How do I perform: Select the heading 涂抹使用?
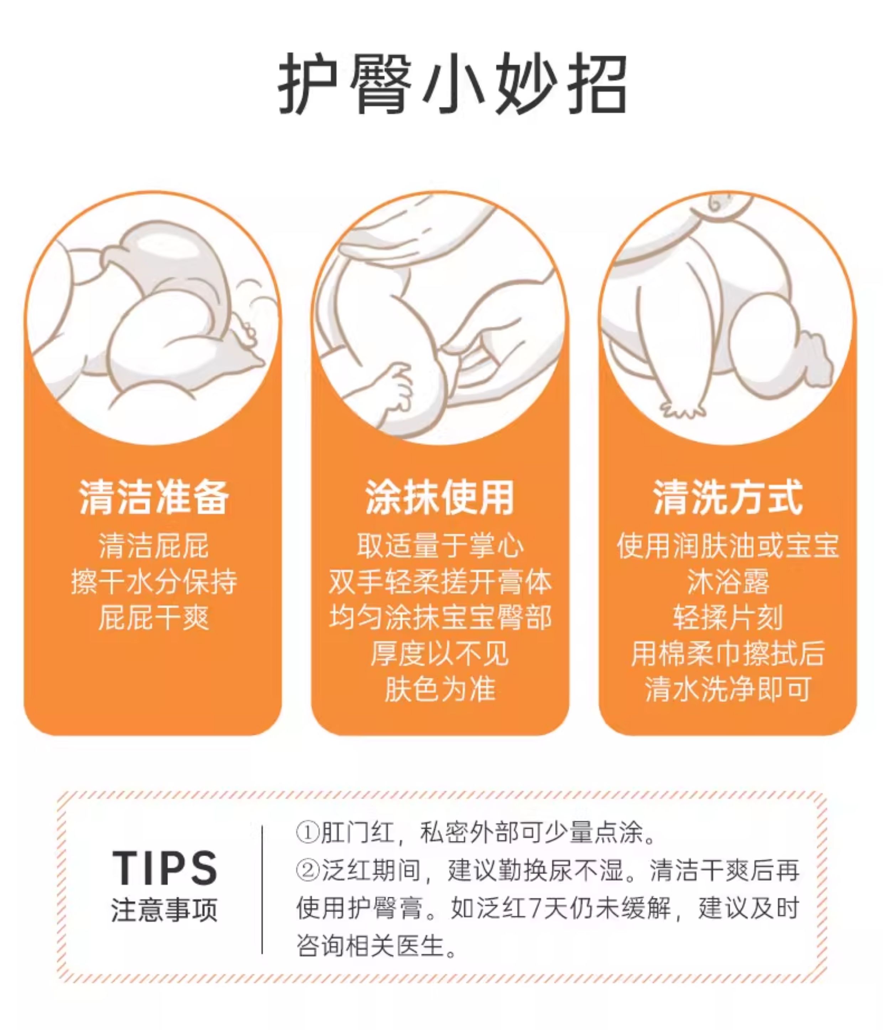tap(440, 498)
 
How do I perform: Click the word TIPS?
tap(165, 868)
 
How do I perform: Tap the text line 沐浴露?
tap(728, 582)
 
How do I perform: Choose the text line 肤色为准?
tap(440, 689)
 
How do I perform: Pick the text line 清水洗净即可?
tap(728, 689)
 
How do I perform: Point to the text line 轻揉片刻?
tap(728, 618)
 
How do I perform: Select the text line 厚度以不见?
tap(440, 653)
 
